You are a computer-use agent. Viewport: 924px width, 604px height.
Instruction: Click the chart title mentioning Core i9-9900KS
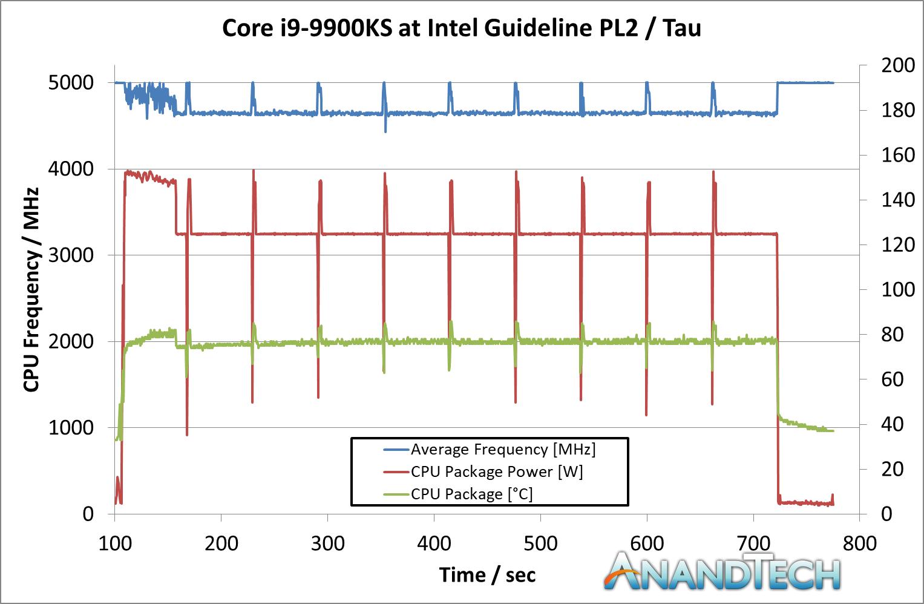tap(462, 28)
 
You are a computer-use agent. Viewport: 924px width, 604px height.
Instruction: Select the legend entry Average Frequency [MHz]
tap(503, 450)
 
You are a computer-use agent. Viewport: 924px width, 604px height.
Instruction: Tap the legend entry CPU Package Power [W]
tap(497, 472)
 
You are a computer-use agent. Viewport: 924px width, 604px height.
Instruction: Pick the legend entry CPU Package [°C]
tap(471, 494)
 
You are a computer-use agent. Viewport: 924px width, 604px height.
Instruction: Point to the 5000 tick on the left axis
tap(71, 83)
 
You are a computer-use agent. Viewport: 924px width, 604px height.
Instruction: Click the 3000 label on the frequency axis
tap(71, 255)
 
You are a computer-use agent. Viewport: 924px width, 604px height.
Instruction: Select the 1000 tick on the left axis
tap(71, 428)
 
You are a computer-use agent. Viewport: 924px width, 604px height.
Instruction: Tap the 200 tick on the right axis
tap(897, 65)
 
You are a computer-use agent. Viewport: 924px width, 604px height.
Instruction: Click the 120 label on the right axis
tap(897, 245)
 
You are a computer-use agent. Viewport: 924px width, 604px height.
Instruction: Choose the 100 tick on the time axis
tap(115, 543)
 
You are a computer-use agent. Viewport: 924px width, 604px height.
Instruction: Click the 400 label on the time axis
tap(434, 543)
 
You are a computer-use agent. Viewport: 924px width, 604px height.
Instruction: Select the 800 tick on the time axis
tap(859, 543)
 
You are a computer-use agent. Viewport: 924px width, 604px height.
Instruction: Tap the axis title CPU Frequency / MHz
tap(31, 290)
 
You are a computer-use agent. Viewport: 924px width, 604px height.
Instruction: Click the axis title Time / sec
tap(487, 575)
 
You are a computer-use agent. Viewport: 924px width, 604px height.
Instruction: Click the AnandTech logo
tap(722, 571)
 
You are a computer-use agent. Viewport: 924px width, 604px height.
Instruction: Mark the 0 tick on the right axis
tap(886, 514)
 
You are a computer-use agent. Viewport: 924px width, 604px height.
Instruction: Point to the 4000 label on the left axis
tap(71, 169)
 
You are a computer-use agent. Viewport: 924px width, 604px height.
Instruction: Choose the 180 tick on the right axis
tap(897, 110)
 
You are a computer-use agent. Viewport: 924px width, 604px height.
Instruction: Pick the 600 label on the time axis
tap(647, 543)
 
